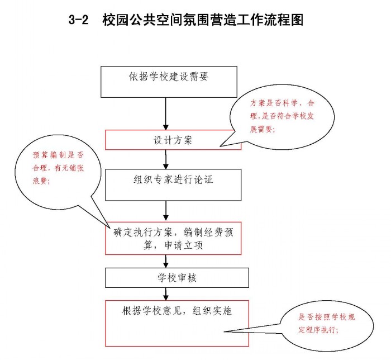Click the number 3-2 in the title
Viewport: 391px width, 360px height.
tap(78, 20)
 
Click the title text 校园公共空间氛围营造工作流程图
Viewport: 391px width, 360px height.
tap(203, 20)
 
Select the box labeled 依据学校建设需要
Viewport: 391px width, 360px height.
tap(169, 82)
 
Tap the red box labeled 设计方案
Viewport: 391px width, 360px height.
tap(173, 140)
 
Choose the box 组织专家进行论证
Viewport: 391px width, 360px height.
tap(173, 185)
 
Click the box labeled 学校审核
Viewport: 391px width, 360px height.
tap(177, 278)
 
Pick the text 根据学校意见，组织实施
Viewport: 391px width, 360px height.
tap(177, 311)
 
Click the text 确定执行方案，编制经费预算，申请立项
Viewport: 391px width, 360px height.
tap(173, 239)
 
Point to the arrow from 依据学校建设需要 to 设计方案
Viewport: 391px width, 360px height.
tap(166, 114)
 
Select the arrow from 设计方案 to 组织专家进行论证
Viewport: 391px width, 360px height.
tap(166, 160)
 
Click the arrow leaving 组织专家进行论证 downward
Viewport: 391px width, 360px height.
tap(166, 211)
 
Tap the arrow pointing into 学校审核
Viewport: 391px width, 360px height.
tap(166, 261)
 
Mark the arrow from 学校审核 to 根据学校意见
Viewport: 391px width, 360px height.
tap(166, 294)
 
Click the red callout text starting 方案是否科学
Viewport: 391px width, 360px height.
tap(282, 116)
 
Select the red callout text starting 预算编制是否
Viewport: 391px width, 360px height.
tap(58, 168)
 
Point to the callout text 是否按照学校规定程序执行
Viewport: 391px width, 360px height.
tap(327, 323)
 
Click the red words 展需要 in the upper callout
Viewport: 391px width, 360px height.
tap(262, 129)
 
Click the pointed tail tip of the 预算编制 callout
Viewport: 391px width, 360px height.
tap(110, 227)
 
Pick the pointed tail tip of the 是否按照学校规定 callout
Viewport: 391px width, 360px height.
tap(224, 331)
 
